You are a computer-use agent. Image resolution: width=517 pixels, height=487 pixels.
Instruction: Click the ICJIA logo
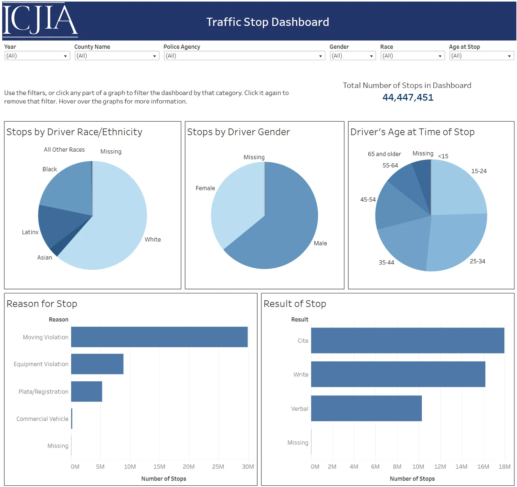[x=40, y=20]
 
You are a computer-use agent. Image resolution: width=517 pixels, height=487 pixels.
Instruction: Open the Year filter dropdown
[x=37, y=56]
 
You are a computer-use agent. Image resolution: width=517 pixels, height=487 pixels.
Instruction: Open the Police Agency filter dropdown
[x=244, y=56]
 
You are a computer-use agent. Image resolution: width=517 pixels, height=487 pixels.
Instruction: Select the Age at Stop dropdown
[x=481, y=56]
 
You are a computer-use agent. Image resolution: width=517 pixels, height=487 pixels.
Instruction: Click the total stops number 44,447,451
[x=408, y=97]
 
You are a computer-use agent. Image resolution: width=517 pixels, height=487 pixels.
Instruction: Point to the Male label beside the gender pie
[x=320, y=243]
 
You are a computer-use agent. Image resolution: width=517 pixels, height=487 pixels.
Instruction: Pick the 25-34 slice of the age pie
[x=459, y=243]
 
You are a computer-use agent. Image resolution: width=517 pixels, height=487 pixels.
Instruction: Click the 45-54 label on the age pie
[x=368, y=200]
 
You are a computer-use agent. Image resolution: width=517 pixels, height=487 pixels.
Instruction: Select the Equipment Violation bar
[x=97, y=364]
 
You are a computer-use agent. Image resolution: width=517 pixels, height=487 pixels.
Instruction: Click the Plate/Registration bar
[x=87, y=391]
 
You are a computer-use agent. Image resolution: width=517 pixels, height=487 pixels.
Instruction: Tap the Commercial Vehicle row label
[x=42, y=419]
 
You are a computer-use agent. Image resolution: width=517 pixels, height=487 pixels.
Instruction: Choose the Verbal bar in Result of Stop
[x=366, y=408]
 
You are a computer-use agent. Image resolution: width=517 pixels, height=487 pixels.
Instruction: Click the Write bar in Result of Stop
[x=398, y=374]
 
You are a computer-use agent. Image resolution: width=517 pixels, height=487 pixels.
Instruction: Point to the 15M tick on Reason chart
[x=159, y=467]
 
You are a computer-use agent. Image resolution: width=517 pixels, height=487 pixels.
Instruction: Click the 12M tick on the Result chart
[x=440, y=467]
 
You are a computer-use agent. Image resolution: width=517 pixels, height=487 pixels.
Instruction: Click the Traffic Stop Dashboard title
[x=268, y=22]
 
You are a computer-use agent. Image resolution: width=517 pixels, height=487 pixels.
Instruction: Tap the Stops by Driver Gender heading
[x=238, y=132]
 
